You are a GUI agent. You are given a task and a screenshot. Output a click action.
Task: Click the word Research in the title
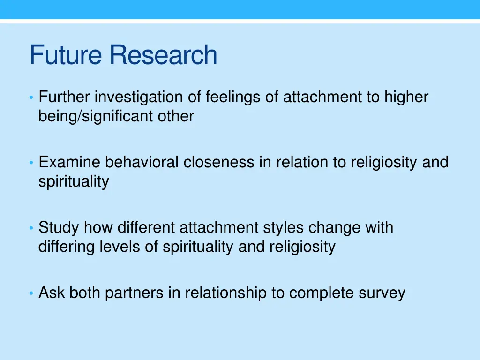pyautogui.click(x=164, y=55)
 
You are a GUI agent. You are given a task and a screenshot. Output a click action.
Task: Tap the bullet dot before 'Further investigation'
pyautogui.click(x=31, y=97)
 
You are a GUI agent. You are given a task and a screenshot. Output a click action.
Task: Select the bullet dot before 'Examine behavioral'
pyautogui.click(x=31, y=163)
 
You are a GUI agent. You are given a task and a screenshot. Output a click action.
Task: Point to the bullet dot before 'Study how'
pyautogui.click(x=31, y=228)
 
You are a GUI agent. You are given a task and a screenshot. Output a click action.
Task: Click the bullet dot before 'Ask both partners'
pyautogui.click(x=31, y=293)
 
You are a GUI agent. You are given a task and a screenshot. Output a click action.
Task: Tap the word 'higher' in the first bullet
pyautogui.click(x=406, y=97)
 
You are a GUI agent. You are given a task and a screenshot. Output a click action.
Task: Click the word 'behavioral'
pyautogui.click(x=142, y=162)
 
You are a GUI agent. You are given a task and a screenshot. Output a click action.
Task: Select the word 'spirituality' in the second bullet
pyautogui.click(x=74, y=181)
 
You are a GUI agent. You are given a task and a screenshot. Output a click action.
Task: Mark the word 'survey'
pyautogui.click(x=382, y=293)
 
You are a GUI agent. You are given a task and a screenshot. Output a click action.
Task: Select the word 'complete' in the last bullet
pyautogui.click(x=322, y=293)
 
